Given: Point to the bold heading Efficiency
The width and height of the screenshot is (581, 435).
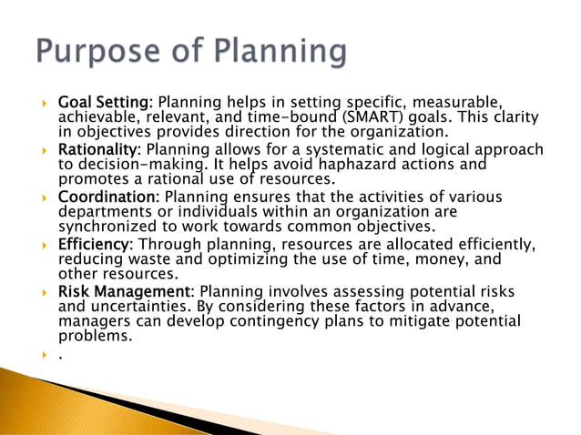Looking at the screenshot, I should [x=95, y=245].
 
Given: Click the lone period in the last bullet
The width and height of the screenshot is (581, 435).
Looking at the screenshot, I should [x=60, y=357].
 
